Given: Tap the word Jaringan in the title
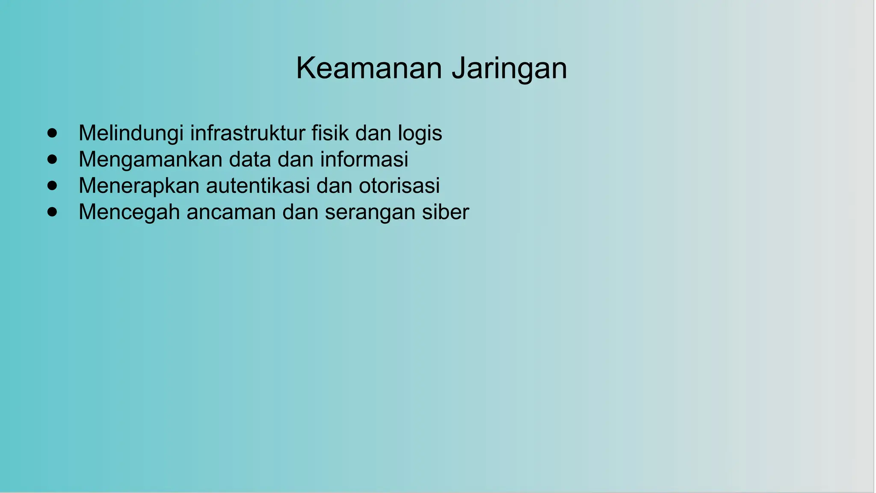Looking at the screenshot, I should pos(509,68).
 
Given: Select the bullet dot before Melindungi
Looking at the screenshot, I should pos(52,133).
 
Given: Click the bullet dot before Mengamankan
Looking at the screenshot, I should pos(52,159).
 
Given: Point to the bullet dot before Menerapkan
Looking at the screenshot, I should pos(52,185).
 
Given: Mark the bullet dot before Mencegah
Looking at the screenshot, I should pos(52,212).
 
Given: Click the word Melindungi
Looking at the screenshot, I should pos(131,133).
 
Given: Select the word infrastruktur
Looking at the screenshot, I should pos(247,133).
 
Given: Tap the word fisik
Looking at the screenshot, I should pos(330,133).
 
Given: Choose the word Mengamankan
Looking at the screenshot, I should pos(151,160).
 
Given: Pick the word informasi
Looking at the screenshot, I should pos(364,160).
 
